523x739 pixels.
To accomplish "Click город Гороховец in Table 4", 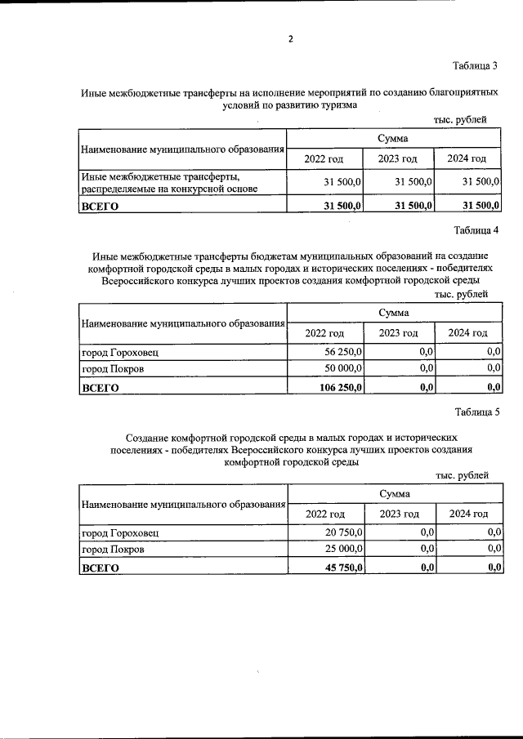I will coord(119,352).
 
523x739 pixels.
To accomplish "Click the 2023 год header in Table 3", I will coord(397,158).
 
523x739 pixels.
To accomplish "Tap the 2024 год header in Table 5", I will coord(467,514).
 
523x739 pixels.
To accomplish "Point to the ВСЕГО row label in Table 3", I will coord(100,207).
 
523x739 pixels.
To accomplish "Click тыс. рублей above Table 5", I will coord(462,474).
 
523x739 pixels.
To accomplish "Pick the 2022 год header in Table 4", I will coord(324,332).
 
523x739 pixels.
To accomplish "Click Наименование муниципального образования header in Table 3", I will coord(182,150).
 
